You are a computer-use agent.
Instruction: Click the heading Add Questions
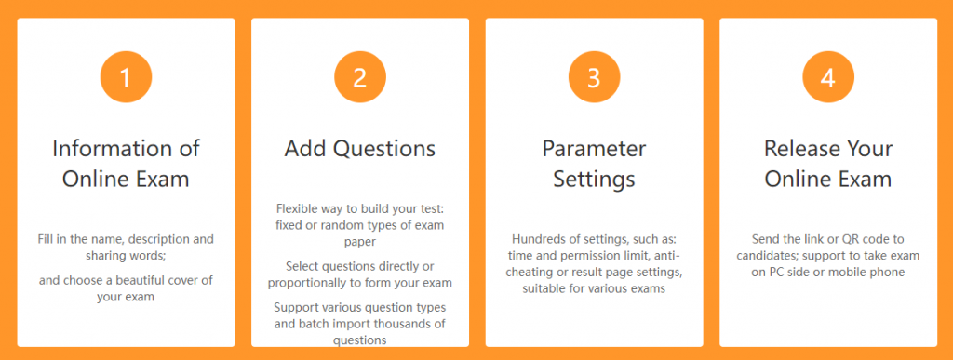[x=359, y=149]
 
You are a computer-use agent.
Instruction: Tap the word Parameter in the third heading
[x=594, y=149]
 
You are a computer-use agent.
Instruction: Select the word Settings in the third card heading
[x=594, y=178]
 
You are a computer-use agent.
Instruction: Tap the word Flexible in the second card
[x=299, y=209]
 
